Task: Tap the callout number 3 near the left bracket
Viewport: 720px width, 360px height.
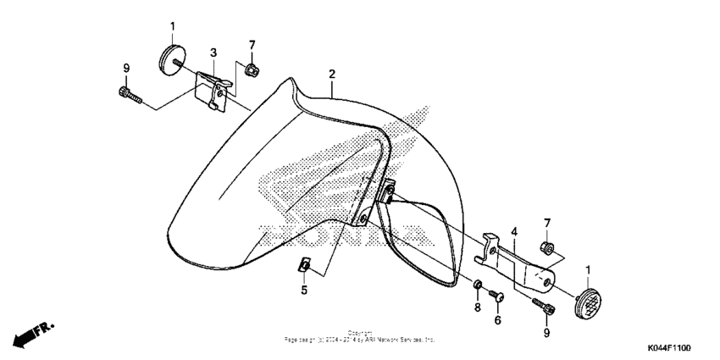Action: point(213,53)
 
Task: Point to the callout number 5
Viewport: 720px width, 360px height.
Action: point(304,290)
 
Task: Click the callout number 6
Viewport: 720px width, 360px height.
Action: point(497,319)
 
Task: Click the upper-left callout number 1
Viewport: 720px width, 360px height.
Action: point(173,27)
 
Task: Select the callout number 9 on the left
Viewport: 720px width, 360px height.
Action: point(126,68)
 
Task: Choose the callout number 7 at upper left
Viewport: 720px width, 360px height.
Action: point(252,44)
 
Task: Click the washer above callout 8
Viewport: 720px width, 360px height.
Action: point(478,284)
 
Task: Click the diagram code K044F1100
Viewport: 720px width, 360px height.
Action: point(669,348)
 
